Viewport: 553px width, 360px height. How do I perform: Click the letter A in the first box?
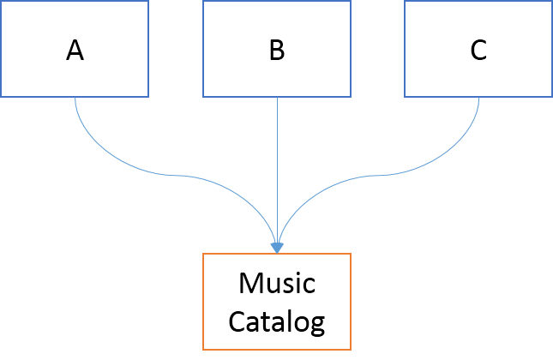[x=75, y=51]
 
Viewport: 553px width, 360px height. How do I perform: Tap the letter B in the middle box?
[x=276, y=51]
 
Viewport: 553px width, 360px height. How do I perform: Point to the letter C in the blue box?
[x=478, y=51]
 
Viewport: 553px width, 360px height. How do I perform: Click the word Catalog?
[x=276, y=322]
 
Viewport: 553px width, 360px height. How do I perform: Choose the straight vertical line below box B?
[x=277, y=171]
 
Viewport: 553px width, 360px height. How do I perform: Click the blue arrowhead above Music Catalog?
[x=277, y=247]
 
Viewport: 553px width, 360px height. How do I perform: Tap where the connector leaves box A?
[x=75, y=97]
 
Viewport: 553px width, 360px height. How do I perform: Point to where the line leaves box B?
[x=277, y=97]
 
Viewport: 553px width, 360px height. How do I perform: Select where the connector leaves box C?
[x=478, y=97]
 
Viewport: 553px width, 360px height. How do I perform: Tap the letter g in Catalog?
[x=317, y=326]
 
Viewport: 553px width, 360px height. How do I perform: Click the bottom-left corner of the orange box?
[x=203, y=350]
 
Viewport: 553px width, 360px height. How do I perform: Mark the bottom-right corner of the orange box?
[x=350, y=350]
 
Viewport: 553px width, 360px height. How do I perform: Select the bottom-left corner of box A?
[x=2, y=95]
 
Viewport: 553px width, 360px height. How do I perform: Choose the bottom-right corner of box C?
[x=551, y=95]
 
